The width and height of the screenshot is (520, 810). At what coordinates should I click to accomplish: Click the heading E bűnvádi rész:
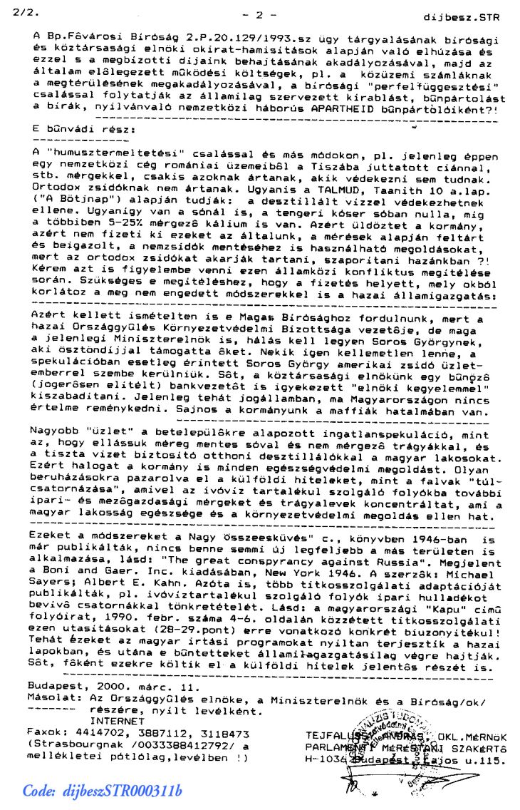tap(83, 131)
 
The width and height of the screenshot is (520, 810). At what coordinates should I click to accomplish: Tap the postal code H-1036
tap(327, 759)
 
